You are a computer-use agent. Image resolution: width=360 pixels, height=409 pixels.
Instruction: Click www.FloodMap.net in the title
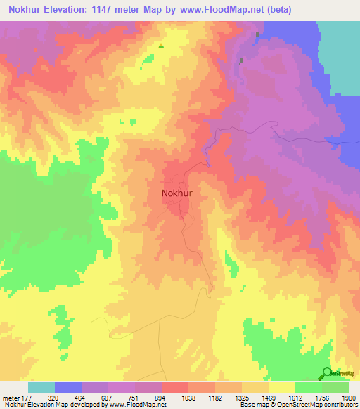coord(216,10)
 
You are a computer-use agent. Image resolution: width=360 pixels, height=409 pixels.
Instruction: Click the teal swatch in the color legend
coord(41,387)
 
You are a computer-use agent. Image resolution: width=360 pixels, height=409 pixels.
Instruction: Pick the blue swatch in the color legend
coord(68,387)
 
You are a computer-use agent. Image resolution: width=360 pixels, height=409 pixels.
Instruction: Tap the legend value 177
coord(27,397)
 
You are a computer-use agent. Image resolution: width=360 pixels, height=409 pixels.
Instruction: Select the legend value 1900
coord(349,397)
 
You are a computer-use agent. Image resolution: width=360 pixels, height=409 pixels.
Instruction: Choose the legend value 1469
coord(269,397)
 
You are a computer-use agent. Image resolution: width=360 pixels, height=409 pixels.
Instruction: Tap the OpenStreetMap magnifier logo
coord(327,373)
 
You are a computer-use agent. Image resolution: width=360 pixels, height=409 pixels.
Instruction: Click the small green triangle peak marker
coord(161,46)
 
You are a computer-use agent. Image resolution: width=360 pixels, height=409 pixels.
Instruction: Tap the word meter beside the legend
coord(10,397)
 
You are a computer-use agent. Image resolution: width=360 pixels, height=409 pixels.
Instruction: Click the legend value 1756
coord(322,397)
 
